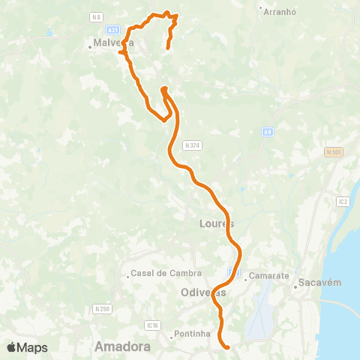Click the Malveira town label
[x=113, y=43]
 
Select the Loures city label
[x=217, y=223]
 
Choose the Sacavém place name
[x=320, y=283]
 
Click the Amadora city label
[x=122, y=346]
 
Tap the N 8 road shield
[x=95, y=16]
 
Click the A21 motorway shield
[x=112, y=30]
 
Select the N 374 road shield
[x=191, y=145]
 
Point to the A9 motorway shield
[x=268, y=132]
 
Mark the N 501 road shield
[x=333, y=153]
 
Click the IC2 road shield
[x=343, y=201]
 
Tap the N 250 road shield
[x=102, y=308]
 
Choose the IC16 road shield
[x=154, y=325]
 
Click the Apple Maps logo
[x=27, y=347]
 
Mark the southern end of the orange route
[x=226, y=346]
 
